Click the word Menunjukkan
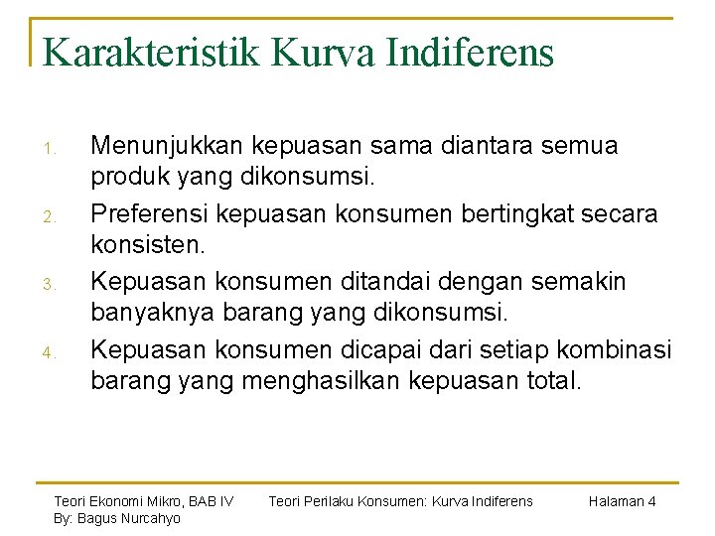(x=166, y=146)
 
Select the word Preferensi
(x=149, y=213)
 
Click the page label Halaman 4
(x=622, y=501)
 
